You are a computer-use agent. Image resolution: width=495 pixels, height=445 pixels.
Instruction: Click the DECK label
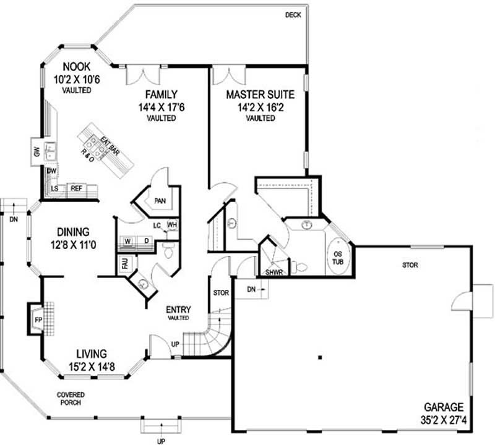293,15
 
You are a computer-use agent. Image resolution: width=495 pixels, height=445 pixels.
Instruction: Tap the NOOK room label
77,66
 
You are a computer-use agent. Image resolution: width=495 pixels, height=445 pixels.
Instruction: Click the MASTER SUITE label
260,95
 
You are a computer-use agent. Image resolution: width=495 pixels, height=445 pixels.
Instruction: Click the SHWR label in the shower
273,271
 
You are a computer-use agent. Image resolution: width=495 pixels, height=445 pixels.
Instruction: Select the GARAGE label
444,407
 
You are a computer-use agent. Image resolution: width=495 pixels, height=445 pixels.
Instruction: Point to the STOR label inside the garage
410,265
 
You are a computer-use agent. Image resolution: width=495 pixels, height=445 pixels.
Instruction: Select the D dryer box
147,240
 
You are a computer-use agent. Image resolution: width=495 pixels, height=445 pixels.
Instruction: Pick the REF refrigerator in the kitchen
77,188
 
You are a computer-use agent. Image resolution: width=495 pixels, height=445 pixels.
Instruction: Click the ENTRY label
178,310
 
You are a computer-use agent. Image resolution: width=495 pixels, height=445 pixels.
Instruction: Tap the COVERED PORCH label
71,398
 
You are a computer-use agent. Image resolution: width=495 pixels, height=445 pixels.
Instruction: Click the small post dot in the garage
320,357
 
